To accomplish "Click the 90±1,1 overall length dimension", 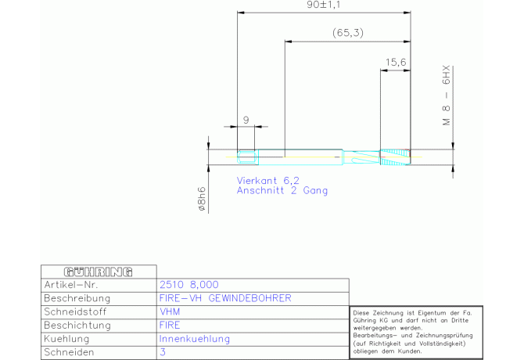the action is coord(323,5).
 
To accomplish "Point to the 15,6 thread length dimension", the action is coord(396,62).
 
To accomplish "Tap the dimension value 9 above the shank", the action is coord(246,120).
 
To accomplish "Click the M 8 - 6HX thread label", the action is coord(447,95).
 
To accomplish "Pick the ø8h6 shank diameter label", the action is coord(202,199).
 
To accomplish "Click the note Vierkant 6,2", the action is coord(268,181).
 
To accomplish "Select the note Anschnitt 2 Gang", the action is coord(282,190).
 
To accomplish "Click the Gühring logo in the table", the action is coord(99,272).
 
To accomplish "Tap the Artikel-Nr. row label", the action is coord(71,285).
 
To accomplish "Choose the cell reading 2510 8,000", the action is coord(189,285).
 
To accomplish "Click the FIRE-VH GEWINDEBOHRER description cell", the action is coord(225,298).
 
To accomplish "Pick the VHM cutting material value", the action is coord(170,311).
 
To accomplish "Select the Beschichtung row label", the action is coord(77,326).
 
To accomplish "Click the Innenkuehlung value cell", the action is coord(195,339).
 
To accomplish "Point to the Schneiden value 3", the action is coord(163,352).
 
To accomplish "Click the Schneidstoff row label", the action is coord(75,311).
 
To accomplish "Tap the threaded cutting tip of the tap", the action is coord(395,157).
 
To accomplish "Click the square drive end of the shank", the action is coord(248,157).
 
